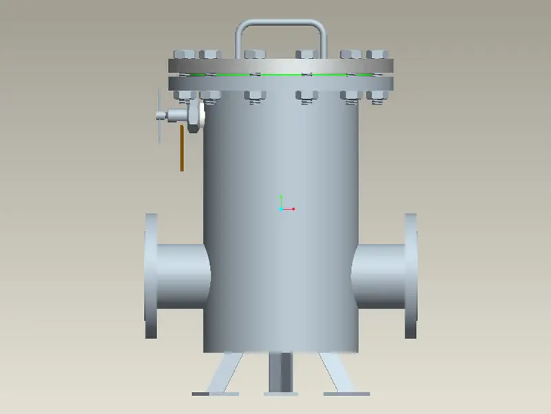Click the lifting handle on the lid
click(280, 23)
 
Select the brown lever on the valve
click(182, 148)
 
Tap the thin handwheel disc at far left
click(159, 114)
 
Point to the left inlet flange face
click(150, 276)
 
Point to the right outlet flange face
click(410, 276)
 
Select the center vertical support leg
click(280, 372)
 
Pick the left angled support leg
click(226, 372)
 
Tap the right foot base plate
click(346, 394)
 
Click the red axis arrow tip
click(293, 209)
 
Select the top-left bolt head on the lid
click(184, 54)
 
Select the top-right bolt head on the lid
click(376, 54)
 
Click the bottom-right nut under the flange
click(376, 96)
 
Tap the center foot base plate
click(280, 394)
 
